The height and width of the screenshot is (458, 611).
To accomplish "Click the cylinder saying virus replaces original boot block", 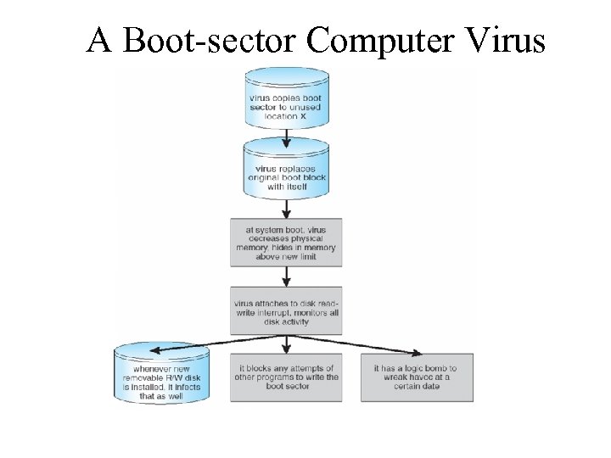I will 286,174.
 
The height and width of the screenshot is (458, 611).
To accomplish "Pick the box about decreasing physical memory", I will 286,242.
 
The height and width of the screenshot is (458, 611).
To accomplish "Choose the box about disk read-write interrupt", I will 286,310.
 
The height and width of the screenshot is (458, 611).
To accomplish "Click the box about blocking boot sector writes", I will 286,377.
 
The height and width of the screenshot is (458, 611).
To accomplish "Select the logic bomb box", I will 417,377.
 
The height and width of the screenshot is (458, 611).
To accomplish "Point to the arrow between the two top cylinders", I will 287,137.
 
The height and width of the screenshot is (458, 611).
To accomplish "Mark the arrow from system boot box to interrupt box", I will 287,276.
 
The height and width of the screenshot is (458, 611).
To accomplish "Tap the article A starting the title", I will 99,39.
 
